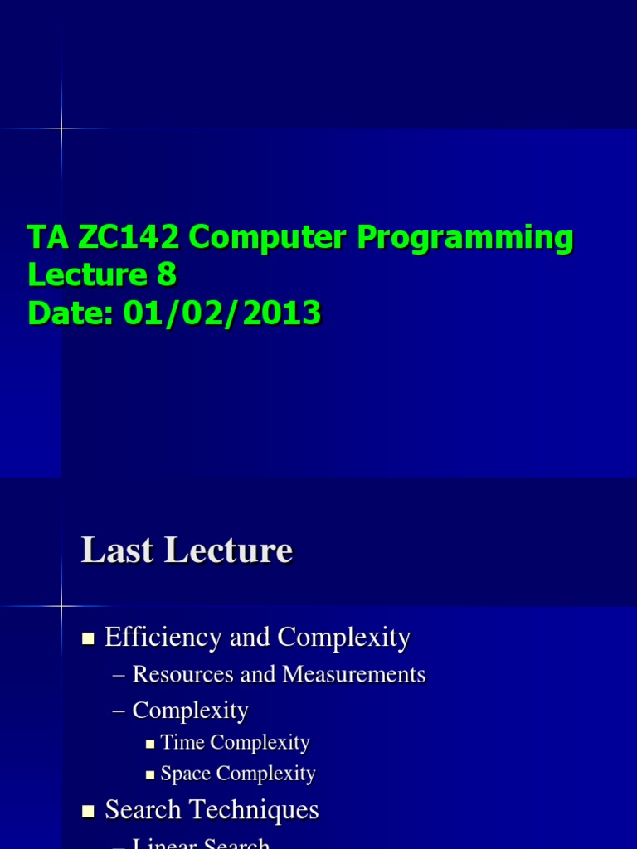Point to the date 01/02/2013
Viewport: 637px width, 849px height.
[222, 313]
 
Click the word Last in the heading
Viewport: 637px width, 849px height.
[115, 551]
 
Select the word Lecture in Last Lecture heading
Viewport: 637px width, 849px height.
[240, 551]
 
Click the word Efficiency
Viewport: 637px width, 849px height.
[157, 638]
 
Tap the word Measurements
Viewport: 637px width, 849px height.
[354, 675]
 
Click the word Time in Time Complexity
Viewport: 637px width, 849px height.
[182, 743]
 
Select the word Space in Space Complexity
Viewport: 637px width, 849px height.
[185, 774]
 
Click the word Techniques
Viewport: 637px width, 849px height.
[255, 810]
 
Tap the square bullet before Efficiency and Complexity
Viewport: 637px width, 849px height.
[89, 638]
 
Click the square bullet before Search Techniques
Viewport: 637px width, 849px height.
[89, 811]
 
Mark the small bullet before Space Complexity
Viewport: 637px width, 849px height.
[150, 775]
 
